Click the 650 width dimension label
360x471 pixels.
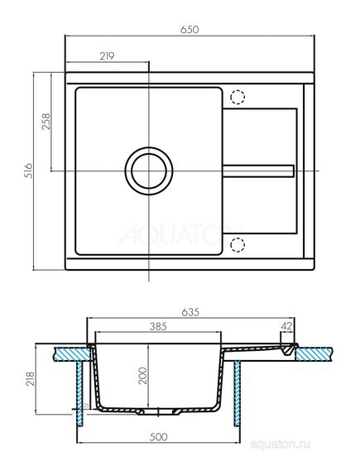(190, 29)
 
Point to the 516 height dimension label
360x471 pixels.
(27, 171)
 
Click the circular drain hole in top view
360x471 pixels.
(149, 171)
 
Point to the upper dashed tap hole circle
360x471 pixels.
(238, 97)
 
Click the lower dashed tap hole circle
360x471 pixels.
(238, 245)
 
